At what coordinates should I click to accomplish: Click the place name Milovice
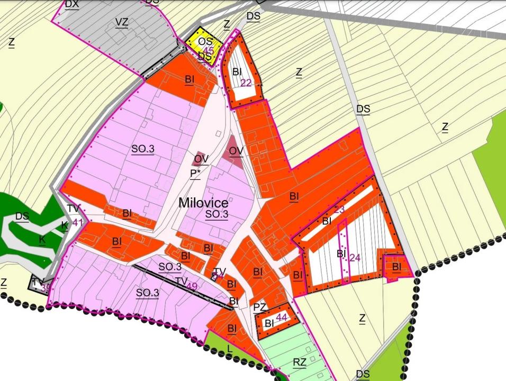click(x=203, y=203)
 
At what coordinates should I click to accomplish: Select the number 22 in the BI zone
click(x=246, y=83)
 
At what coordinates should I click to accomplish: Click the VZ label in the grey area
click(x=122, y=22)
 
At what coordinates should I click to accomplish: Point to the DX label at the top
click(x=71, y=4)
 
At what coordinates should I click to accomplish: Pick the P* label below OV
click(x=195, y=173)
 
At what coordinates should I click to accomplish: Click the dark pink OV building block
click(x=235, y=151)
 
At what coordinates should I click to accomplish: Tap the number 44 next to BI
click(x=281, y=317)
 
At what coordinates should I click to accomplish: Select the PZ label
click(x=259, y=307)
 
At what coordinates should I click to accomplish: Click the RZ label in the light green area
click(x=299, y=362)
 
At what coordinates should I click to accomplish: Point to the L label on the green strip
click(x=229, y=348)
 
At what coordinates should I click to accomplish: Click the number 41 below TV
click(x=78, y=222)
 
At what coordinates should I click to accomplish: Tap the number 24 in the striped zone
click(x=355, y=258)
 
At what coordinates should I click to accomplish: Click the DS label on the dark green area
click(x=22, y=216)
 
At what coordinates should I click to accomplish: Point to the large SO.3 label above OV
click(x=143, y=149)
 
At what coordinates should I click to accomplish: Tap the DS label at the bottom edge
click(x=363, y=374)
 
